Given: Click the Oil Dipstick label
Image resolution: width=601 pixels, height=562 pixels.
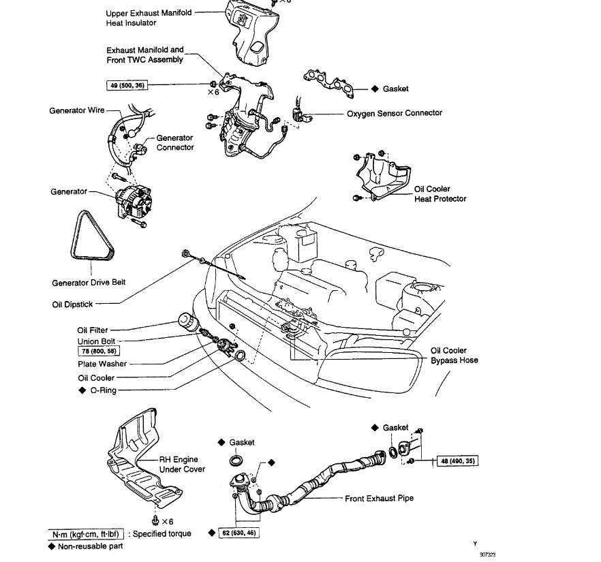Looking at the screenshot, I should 72,305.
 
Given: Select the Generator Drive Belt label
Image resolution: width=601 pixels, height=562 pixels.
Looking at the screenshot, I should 89,283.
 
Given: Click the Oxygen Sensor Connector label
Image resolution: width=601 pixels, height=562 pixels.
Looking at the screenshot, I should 395,113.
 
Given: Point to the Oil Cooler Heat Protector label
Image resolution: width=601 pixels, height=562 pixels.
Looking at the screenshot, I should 440,194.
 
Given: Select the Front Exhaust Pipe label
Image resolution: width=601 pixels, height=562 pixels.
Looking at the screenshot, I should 379,499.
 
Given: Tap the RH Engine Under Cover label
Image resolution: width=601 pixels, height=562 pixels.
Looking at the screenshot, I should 182,465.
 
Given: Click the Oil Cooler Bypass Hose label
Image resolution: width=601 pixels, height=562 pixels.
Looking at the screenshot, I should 454,356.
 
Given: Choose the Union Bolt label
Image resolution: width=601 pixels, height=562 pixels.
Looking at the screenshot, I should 97,341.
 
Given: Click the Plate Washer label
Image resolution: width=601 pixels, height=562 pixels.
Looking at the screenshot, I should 102,364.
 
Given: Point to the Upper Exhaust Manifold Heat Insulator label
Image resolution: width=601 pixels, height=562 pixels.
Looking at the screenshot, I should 149,18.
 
